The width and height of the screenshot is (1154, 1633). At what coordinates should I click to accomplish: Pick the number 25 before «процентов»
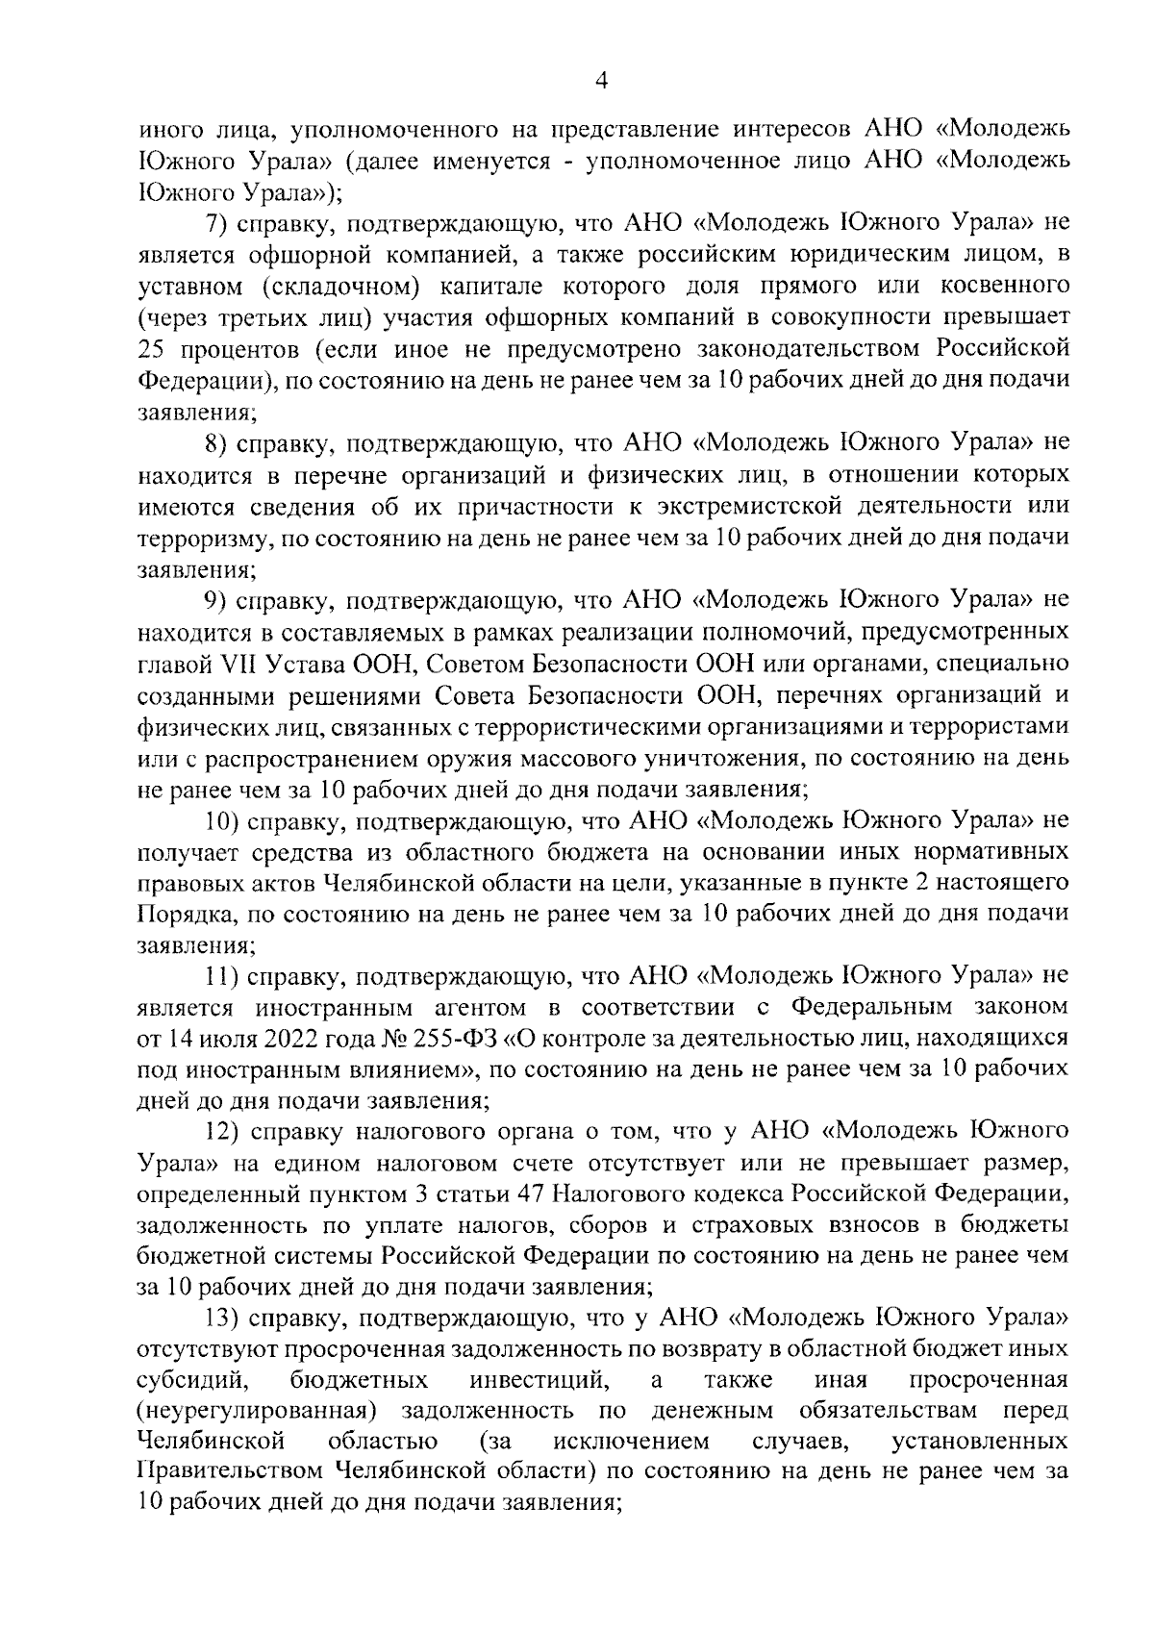[153, 348]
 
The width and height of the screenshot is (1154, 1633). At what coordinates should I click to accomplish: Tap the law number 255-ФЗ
[464, 1040]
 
